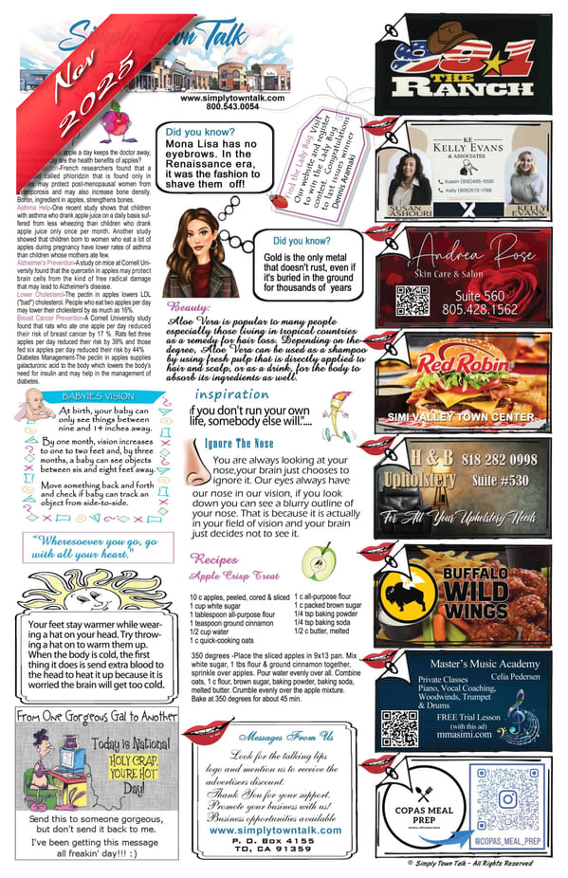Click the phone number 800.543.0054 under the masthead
pyautogui.click(x=218, y=107)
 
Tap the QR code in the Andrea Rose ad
pyautogui.click(x=412, y=300)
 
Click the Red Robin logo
pyautogui.click(x=439, y=363)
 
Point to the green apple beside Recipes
pyautogui.click(x=319, y=561)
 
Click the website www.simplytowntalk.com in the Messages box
pyautogui.click(x=275, y=830)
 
